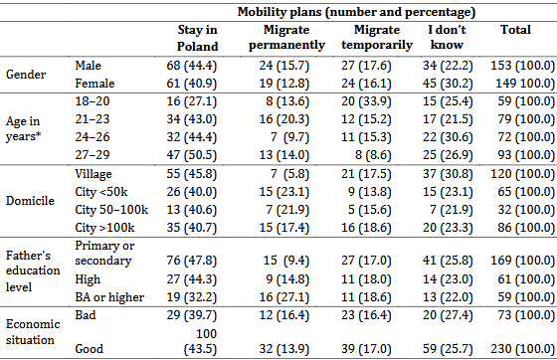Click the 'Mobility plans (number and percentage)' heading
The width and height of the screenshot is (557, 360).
point(356,12)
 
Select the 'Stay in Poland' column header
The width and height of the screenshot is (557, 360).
point(198,38)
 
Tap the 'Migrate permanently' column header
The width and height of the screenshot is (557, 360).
point(286,37)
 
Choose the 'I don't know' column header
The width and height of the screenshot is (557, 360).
point(447,37)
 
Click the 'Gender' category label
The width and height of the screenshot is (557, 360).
point(26,75)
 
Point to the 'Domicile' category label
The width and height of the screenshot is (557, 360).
point(30,201)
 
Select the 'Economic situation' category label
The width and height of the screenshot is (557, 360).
point(33,332)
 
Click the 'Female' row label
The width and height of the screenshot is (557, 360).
point(94,84)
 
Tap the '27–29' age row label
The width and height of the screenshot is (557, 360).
point(93,155)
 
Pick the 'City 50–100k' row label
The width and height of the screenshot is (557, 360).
point(111,210)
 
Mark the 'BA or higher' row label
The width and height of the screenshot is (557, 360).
point(109,297)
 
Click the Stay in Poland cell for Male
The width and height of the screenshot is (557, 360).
point(191,66)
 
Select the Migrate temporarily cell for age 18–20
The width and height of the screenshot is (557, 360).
point(366,101)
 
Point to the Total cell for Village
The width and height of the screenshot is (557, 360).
point(522,174)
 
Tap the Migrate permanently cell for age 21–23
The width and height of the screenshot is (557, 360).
point(284,119)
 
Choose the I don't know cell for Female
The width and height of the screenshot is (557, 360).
point(448,84)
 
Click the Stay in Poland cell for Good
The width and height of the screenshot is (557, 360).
point(200,341)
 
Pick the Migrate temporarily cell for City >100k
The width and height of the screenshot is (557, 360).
point(366,228)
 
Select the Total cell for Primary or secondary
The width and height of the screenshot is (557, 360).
point(522,261)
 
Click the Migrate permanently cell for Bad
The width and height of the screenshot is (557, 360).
point(284,315)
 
